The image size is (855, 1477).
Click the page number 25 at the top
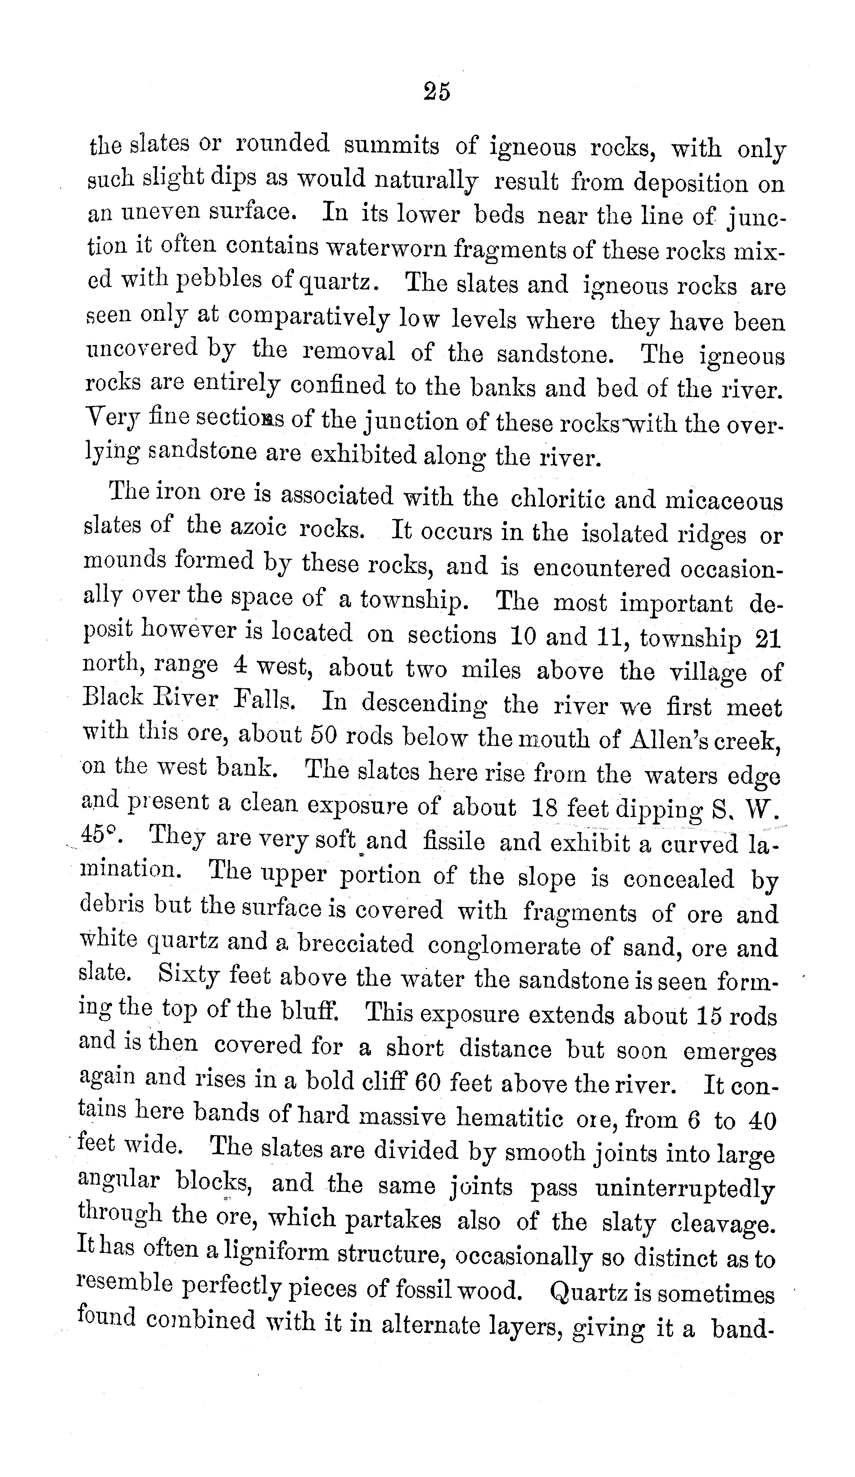point(437,92)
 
